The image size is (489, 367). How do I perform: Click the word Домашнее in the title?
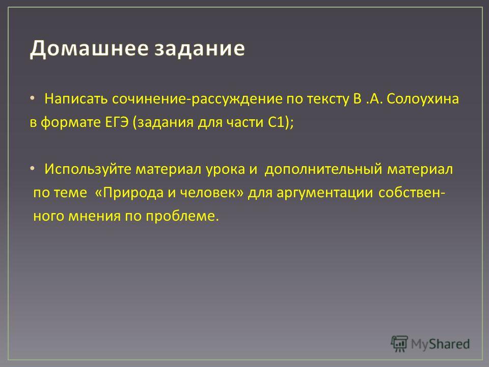89,48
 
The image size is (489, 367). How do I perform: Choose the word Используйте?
88,169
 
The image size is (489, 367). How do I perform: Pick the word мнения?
95,216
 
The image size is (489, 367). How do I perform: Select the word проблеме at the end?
182,216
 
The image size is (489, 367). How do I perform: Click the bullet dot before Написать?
33,98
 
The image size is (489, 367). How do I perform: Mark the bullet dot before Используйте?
33,168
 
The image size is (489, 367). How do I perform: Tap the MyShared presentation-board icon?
399,344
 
